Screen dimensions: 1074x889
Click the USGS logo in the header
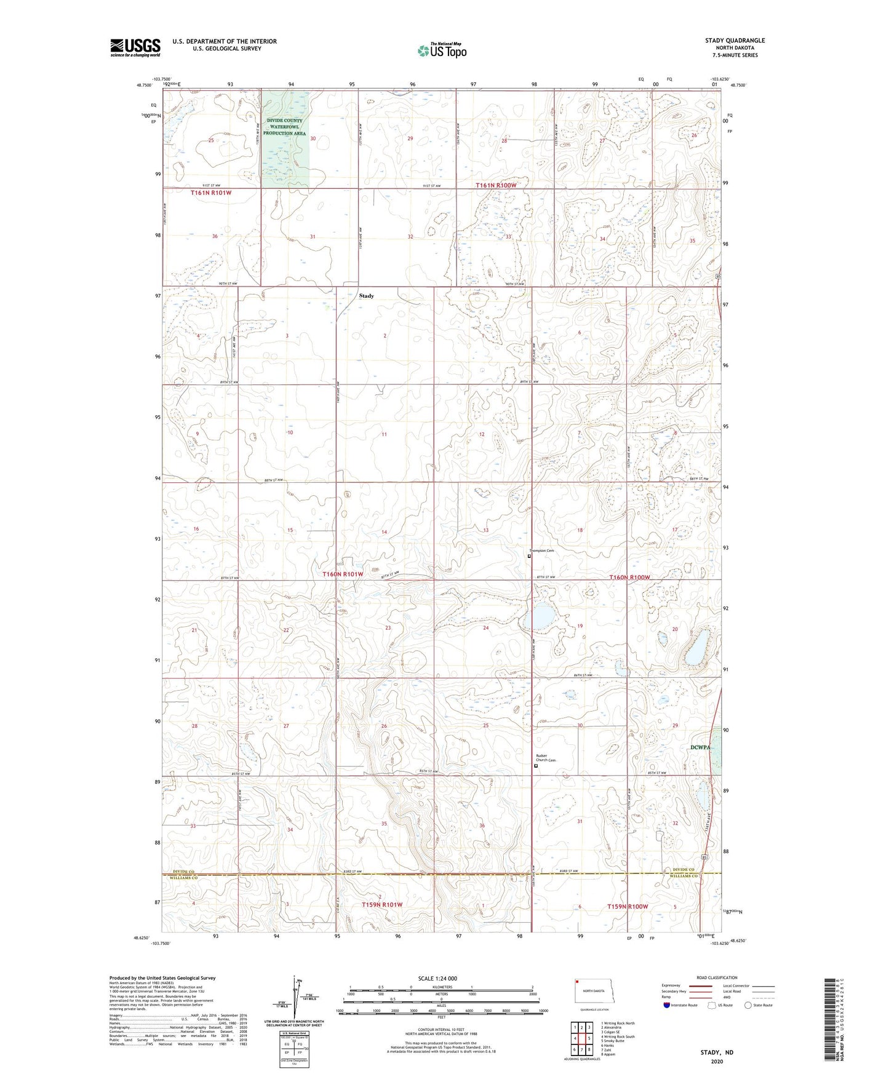135,47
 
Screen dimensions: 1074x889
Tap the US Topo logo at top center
442,50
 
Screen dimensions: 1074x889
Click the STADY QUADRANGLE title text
735,41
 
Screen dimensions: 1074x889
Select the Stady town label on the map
366,296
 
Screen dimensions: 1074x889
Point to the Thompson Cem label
542,551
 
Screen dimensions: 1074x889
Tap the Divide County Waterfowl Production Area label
285,127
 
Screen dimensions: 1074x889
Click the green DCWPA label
700,747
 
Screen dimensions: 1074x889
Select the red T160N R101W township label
343,574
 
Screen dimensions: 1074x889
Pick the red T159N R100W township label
628,907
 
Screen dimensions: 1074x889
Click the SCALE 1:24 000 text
437,978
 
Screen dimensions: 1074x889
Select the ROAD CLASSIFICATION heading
717,977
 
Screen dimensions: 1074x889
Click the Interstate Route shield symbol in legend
668,1005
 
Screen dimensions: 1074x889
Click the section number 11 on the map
384,434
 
